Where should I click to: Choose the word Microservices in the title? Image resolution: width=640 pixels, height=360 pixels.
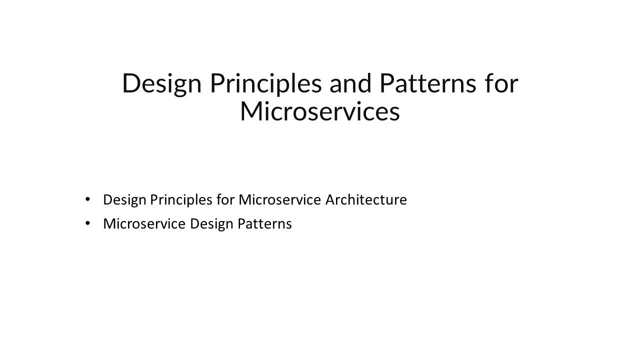[320, 111]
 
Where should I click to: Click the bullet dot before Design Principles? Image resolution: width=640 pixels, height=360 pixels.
[88, 199]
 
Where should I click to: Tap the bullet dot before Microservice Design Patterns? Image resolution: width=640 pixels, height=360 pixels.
[88, 223]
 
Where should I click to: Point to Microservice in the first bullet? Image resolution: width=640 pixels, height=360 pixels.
[279, 199]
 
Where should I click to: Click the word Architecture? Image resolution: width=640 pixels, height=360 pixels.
[366, 199]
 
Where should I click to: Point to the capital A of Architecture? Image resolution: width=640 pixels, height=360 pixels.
[330, 199]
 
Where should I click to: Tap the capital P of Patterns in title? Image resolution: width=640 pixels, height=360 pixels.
[387, 83]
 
